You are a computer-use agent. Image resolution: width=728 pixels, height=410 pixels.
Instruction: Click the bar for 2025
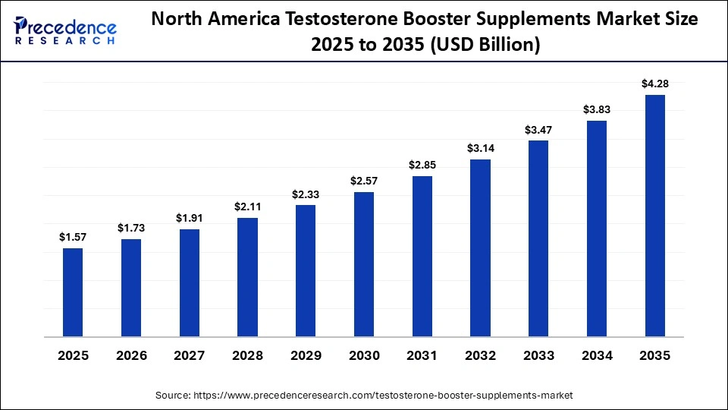coord(73,292)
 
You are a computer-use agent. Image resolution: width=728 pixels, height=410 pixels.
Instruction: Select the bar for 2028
coord(247,277)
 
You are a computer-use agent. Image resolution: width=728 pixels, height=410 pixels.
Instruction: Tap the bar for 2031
coord(422,256)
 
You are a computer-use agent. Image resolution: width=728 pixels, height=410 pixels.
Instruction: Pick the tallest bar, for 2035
coord(654,216)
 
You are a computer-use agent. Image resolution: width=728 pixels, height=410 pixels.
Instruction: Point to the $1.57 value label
coord(73,238)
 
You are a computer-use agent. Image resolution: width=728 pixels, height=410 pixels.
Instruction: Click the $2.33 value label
coord(306,194)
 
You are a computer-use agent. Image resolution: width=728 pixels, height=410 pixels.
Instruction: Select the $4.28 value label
coord(654,84)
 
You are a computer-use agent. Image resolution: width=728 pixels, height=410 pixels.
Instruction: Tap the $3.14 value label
coord(480,148)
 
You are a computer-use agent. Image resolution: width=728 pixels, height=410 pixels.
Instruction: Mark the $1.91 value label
coord(190,218)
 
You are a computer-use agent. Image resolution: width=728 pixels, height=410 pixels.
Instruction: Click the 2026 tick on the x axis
coord(131,356)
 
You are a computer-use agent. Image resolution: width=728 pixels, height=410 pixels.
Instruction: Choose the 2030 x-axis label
coord(364,356)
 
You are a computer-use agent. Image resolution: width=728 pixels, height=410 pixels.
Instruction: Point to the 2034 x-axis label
coord(597,356)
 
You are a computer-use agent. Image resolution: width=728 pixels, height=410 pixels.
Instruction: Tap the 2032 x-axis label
coord(480,356)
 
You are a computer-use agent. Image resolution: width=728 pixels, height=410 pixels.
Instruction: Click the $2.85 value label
coord(422,166)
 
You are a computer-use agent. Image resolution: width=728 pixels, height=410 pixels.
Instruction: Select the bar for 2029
coord(306,271)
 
